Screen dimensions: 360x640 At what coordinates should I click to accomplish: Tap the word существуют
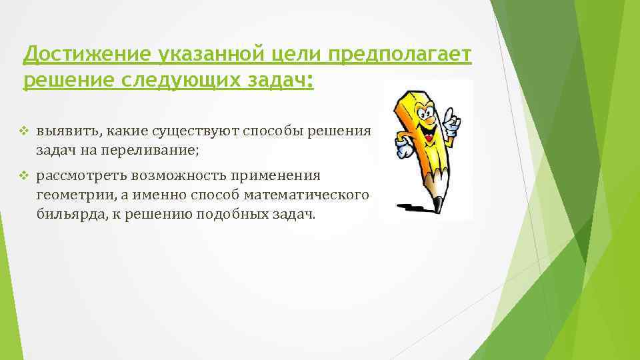(x=202, y=130)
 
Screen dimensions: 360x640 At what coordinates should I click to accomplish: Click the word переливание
(x=149, y=150)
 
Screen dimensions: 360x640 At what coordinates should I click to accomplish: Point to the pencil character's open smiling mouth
(x=430, y=133)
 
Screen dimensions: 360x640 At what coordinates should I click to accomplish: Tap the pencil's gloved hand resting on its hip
(x=404, y=149)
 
